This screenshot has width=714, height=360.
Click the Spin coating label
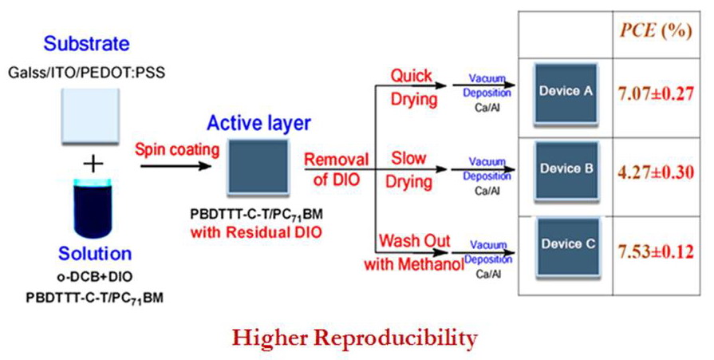click(168, 149)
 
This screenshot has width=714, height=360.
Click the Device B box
click(565, 170)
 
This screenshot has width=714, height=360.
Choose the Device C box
click(565, 245)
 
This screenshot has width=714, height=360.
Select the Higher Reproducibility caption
click(355, 338)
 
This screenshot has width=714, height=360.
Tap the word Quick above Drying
click(411, 77)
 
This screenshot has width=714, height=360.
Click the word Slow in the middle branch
click(408, 158)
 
